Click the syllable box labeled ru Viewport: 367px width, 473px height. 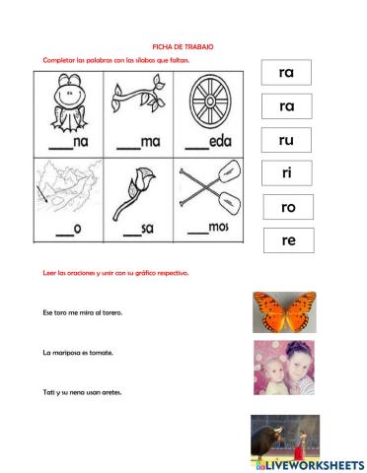click(x=287, y=140)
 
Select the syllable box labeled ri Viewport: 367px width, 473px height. click(x=287, y=173)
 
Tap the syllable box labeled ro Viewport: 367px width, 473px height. click(x=287, y=207)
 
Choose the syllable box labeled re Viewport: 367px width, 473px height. click(x=287, y=239)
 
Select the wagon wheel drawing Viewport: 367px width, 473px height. click(x=208, y=102)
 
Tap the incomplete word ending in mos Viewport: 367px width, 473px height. click(x=208, y=228)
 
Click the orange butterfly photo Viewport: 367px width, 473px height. click(x=284, y=310)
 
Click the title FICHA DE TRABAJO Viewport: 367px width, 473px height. click(x=183, y=46)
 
